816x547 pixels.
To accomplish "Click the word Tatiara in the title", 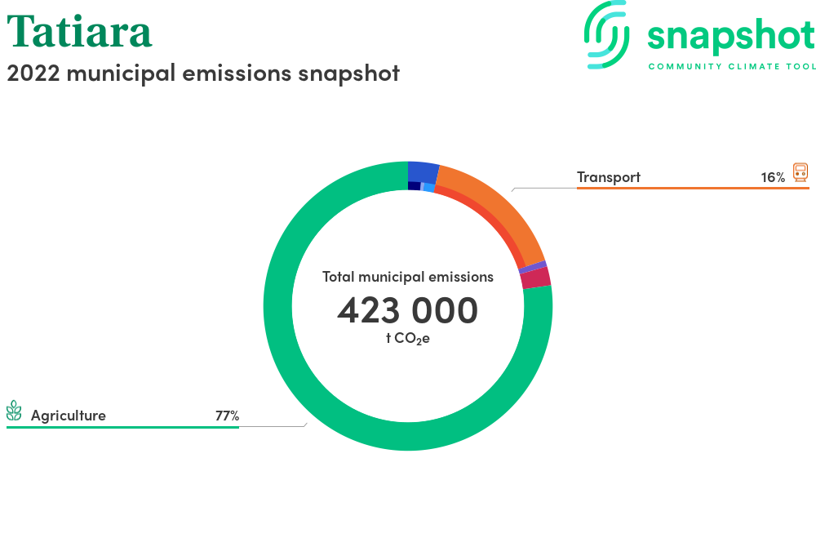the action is (79, 31).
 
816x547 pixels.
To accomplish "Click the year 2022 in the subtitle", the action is (33, 73).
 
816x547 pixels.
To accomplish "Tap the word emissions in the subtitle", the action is (237, 73).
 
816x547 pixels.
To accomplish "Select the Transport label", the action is (609, 177).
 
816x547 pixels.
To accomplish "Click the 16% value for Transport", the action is (773, 177).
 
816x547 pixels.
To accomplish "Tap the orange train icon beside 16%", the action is (800, 172).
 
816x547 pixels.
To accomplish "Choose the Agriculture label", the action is (69, 416).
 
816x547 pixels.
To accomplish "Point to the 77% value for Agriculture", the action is (227, 416).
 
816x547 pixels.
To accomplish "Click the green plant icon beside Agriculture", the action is (14, 411).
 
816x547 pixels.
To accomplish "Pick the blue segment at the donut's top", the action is (423, 171).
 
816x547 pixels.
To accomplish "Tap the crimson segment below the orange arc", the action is (535, 278).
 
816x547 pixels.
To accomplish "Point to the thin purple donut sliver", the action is (533, 268).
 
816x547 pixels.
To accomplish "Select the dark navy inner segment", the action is (415, 186).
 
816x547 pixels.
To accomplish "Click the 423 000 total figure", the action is (407, 310).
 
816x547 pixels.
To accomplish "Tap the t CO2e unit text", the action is (407, 339).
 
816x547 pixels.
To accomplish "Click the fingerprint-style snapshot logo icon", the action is (606, 35).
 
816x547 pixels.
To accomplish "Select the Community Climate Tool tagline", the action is (732, 67).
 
